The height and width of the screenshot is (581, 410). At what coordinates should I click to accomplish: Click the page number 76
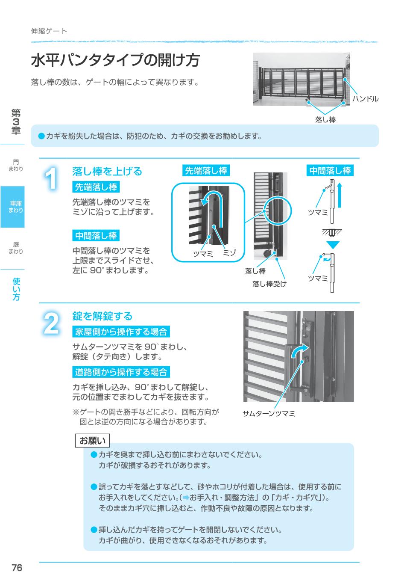[17, 568]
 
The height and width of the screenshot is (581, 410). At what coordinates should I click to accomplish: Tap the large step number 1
[51, 178]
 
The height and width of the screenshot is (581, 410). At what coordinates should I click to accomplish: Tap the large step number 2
[51, 323]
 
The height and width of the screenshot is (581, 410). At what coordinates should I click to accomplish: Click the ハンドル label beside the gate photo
[365, 99]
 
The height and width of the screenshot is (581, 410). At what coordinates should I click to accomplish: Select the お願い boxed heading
[92, 441]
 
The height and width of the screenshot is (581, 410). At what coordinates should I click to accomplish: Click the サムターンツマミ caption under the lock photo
[269, 413]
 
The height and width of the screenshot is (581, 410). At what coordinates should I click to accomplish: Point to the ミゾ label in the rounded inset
[229, 252]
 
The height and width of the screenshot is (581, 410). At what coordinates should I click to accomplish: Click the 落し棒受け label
[269, 284]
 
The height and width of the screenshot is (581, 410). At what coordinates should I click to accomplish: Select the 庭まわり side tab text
[15, 248]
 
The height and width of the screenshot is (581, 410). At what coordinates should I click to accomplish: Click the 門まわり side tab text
[15, 166]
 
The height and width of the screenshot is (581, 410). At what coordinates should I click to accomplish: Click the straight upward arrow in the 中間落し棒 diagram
[340, 196]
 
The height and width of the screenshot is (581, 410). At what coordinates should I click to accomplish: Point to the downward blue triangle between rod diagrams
[333, 245]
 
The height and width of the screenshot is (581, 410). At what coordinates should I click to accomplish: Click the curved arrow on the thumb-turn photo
[299, 351]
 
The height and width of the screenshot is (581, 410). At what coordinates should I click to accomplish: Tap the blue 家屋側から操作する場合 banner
[121, 332]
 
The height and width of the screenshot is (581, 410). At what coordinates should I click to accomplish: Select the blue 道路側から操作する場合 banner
[121, 372]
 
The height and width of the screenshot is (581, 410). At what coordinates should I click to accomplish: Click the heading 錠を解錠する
[102, 316]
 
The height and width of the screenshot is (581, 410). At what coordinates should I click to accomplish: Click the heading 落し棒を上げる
[107, 172]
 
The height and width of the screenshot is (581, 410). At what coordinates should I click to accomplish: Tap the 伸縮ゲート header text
[49, 31]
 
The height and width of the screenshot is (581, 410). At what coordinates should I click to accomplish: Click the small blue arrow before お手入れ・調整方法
[186, 498]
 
